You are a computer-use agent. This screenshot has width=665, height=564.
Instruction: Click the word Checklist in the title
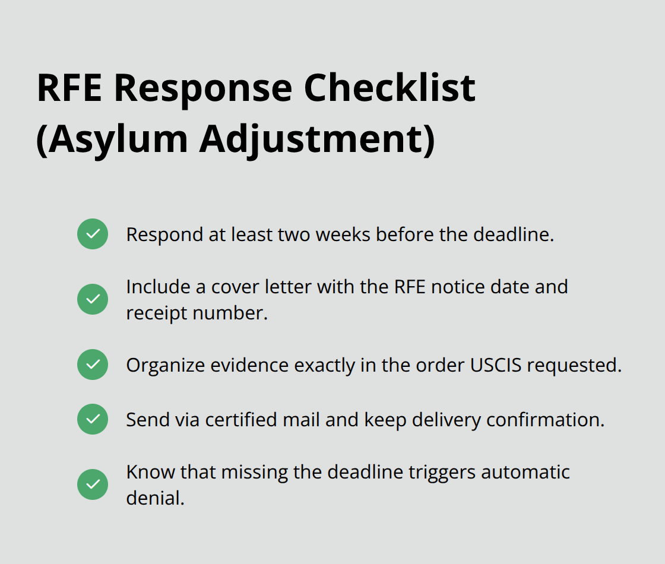pyautogui.click(x=389, y=88)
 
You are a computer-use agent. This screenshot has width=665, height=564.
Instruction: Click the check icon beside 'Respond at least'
pyautogui.click(x=93, y=234)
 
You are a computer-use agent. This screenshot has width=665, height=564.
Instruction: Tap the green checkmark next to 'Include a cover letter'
pyautogui.click(x=93, y=299)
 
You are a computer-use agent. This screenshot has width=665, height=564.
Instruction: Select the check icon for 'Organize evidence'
pyautogui.click(x=93, y=365)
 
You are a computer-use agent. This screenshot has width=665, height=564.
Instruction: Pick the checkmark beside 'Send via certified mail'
pyautogui.click(x=93, y=419)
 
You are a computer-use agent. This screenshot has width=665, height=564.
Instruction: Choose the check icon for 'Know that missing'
pyautogui.click(x=93, y=484)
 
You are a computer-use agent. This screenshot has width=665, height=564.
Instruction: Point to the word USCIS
pyautogui.click(x=496, y=365)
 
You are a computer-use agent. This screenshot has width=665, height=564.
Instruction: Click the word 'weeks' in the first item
pyautogui.click(x=343, y=235)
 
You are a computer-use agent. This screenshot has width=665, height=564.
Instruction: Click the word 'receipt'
pyautogui.click(x=157, y=314)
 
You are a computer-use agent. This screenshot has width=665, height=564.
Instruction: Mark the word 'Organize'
pyautogui.click(x=166, y=366)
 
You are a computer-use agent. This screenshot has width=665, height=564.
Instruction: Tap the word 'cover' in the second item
pyautogui.click(x=235, y=287)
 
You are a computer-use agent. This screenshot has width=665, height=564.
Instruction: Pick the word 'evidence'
pyautogui.click(x=249, y=365)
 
